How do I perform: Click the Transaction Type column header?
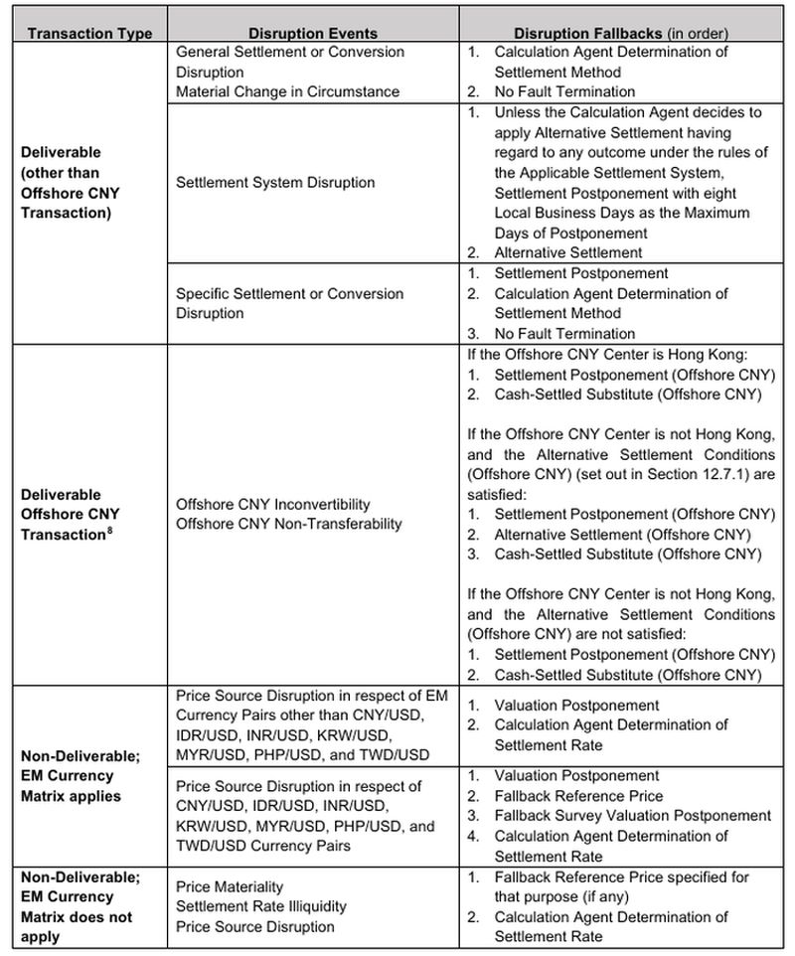[90, 33]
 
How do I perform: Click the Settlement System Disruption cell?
[275, 183]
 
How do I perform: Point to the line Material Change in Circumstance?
[287, 91]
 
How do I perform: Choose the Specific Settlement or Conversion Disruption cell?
[289, 303]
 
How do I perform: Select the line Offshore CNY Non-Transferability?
[288, 524]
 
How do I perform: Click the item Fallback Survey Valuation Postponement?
[632, 816]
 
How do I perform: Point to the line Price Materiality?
[230, 886]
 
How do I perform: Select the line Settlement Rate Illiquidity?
[261, 906]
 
